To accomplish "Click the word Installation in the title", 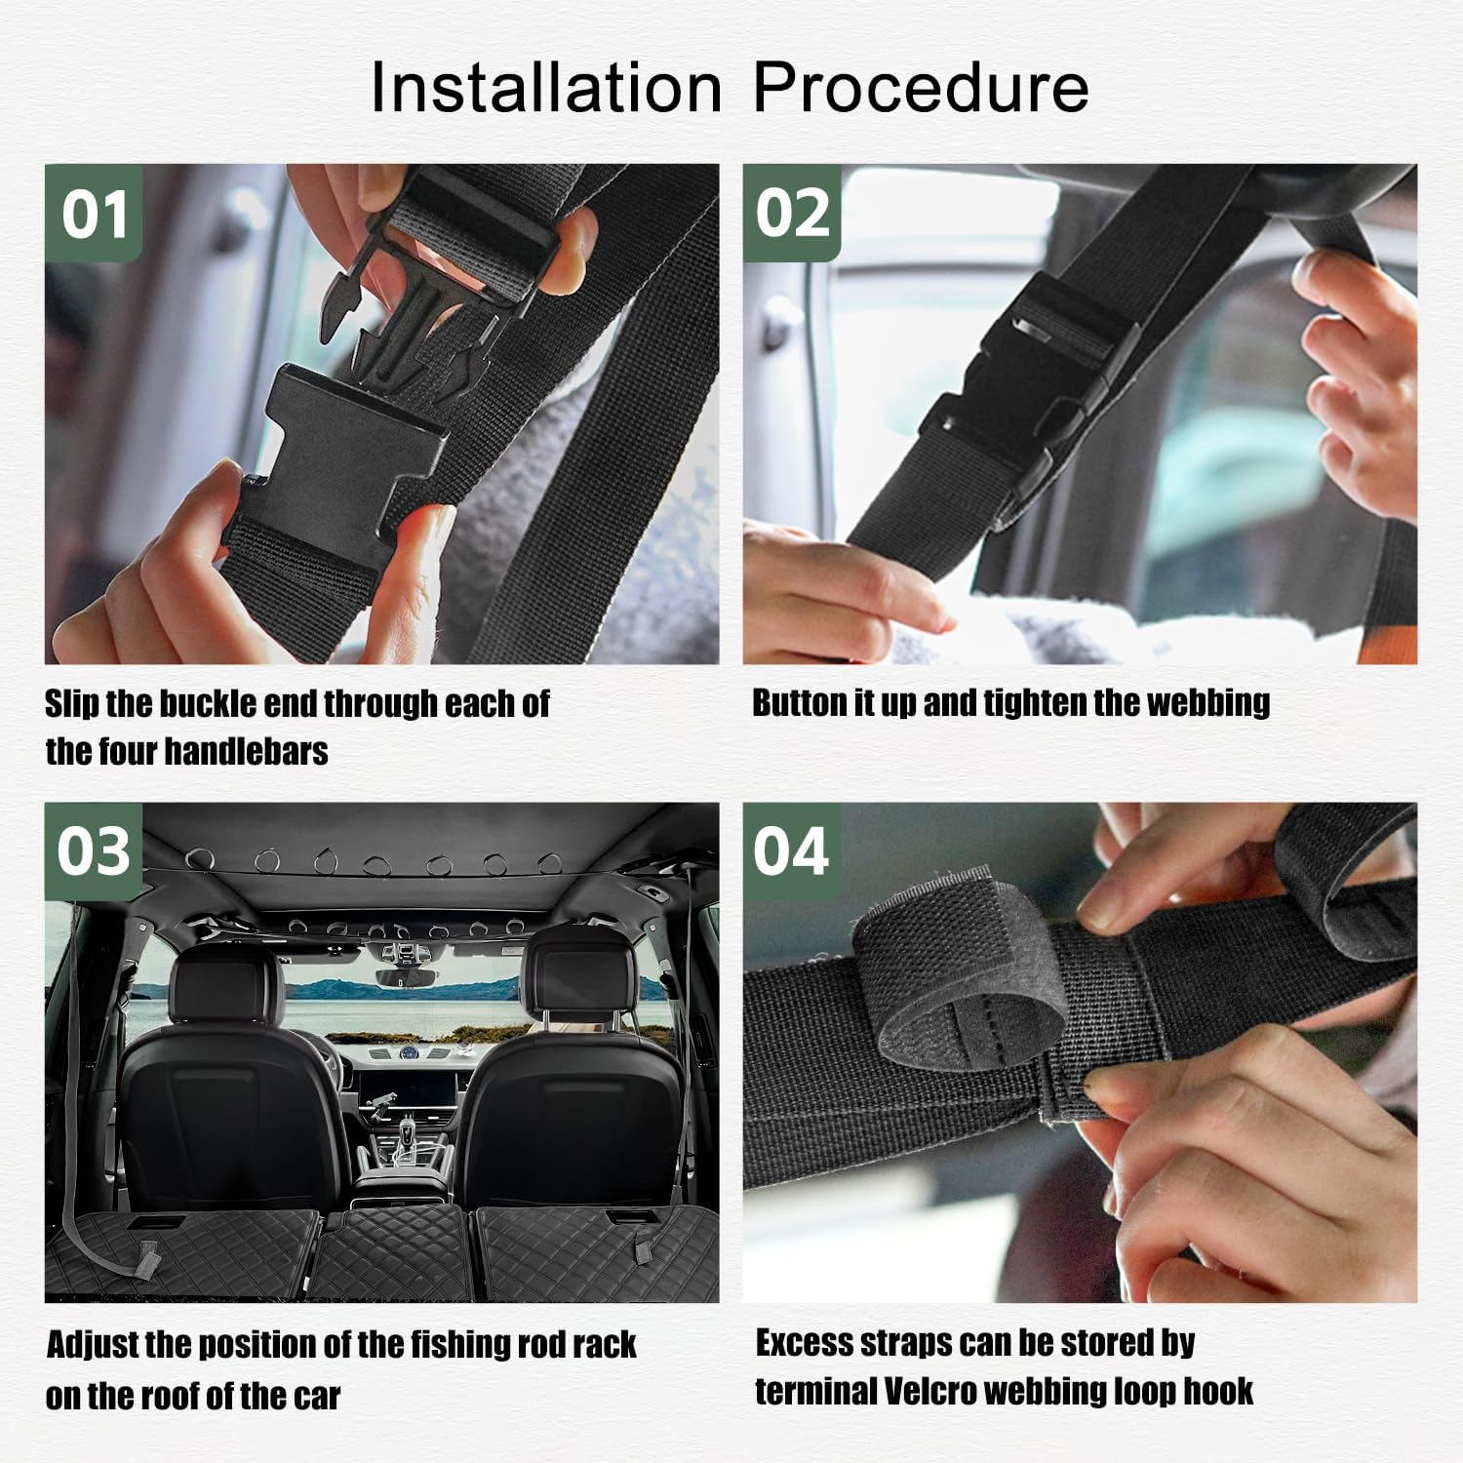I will click(x=545, y=88).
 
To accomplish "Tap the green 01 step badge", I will click(x=94, y=214).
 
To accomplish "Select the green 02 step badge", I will click(x=792, y=214).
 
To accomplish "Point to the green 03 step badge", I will click(x=94, y=851).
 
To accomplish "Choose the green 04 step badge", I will click(x=791, y=851).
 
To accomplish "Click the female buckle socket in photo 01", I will click(x=322, y=458).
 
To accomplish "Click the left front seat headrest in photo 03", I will click(x=226, y=985).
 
